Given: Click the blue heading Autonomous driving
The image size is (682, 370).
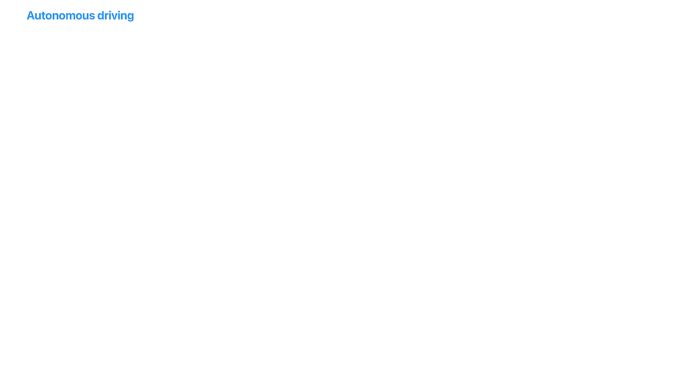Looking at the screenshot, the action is [x=80, y=16].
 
